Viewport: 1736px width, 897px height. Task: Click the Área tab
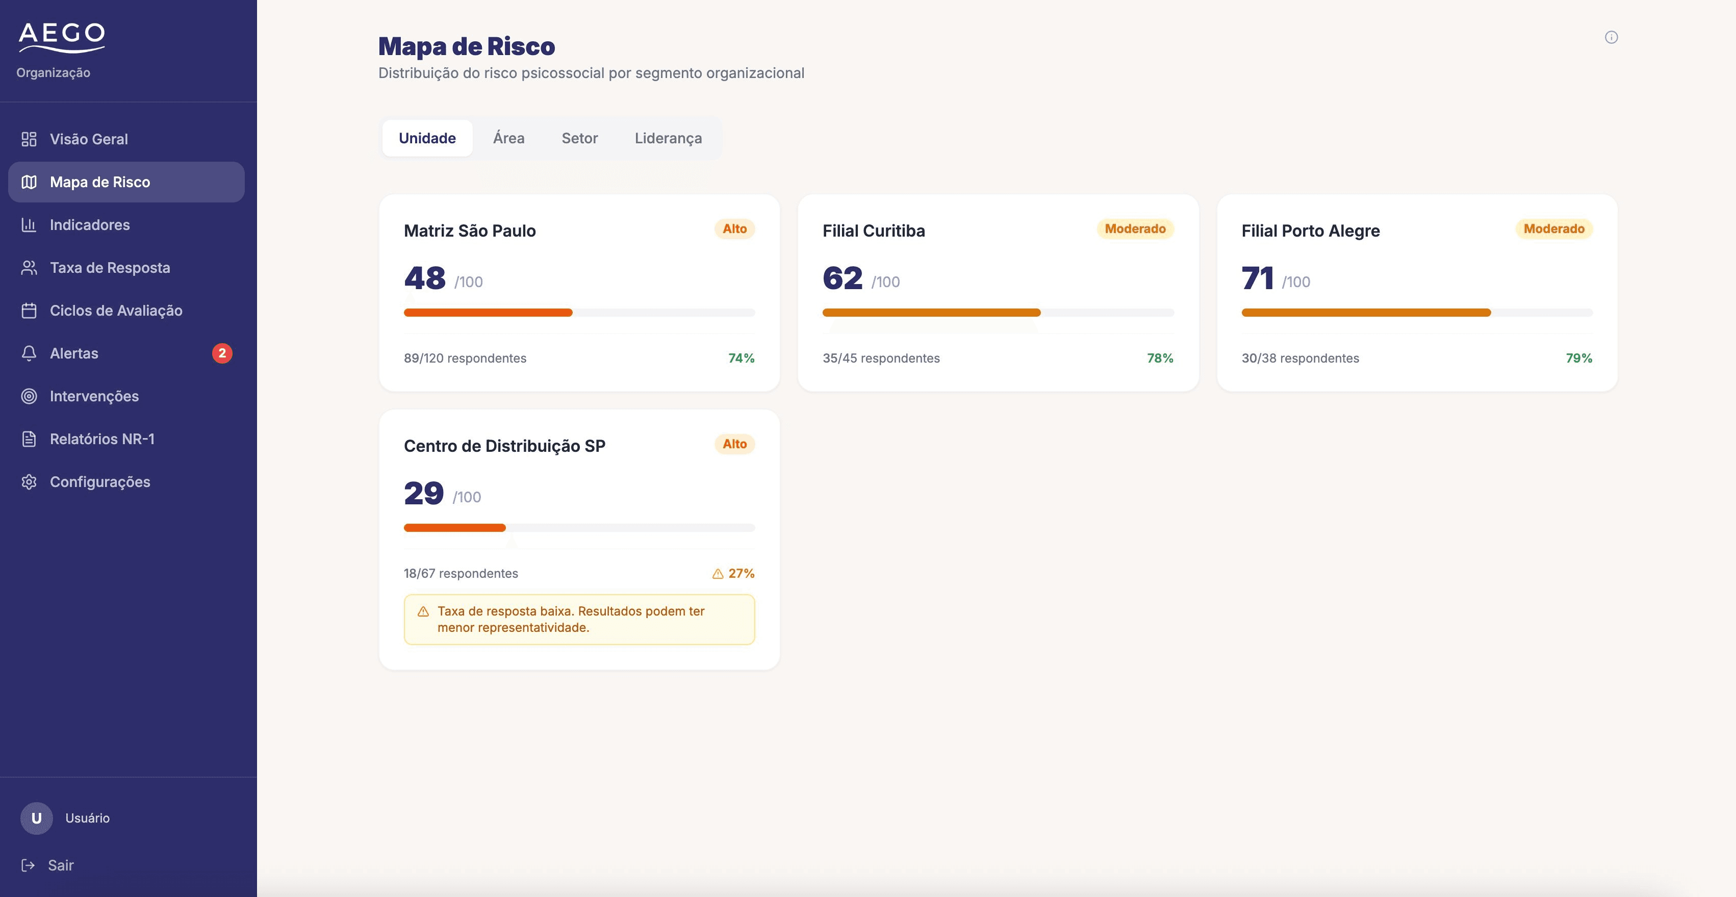point(509,138)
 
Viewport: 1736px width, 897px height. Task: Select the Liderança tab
point(668,138)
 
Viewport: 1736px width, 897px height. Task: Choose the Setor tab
point(579,138)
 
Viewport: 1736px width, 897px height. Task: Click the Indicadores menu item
point(90,225)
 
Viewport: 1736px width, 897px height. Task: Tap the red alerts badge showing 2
point(222,353)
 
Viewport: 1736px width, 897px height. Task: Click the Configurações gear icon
point(29,482)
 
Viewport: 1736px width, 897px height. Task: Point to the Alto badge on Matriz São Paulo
point(734,229)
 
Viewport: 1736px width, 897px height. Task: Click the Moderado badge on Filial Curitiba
point(1135,229)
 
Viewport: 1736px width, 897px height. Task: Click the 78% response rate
point(1160,358)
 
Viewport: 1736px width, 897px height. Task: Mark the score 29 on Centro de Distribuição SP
point(424,493)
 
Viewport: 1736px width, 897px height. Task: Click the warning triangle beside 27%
point(718,574)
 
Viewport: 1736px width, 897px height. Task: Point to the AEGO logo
point(61,37)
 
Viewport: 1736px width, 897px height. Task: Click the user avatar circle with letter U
point(36,818)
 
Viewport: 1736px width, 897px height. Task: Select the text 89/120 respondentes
point(465,358)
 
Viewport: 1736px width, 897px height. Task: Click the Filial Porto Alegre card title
point(1310,230)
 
